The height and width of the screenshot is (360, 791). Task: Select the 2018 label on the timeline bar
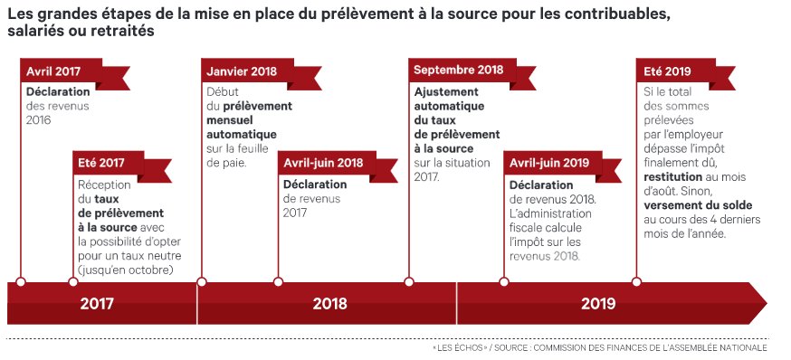329,303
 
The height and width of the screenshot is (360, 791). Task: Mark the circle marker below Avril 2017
21,280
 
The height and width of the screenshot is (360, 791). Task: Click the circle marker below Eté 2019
637,280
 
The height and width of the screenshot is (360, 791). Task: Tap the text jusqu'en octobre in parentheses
127,270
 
